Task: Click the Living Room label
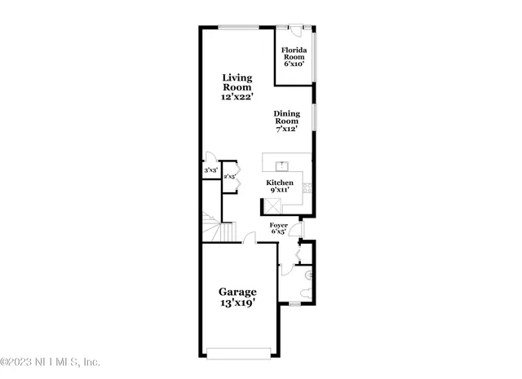click(237, 82)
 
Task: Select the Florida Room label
click(294, 54)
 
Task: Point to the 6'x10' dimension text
click(294, 64)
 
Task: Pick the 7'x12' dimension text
click(287, 129)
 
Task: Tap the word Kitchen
click(279, 183)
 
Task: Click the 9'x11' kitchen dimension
click(279, 191)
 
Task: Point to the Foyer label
click(278, 224)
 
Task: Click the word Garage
click(237, 291)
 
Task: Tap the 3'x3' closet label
click(210, 170)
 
